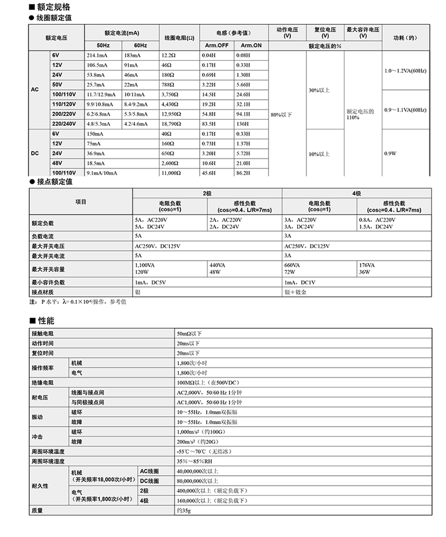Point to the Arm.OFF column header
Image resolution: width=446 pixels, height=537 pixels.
coord(217,45)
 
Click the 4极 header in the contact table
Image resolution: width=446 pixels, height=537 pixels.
coord(356,193)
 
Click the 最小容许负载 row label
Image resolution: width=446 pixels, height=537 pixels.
coord(48,282)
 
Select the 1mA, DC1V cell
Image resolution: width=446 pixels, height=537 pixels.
coord(299,282)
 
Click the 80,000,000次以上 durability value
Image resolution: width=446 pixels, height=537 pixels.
coord(197,481)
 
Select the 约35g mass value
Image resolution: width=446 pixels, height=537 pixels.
coord(183,510)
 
